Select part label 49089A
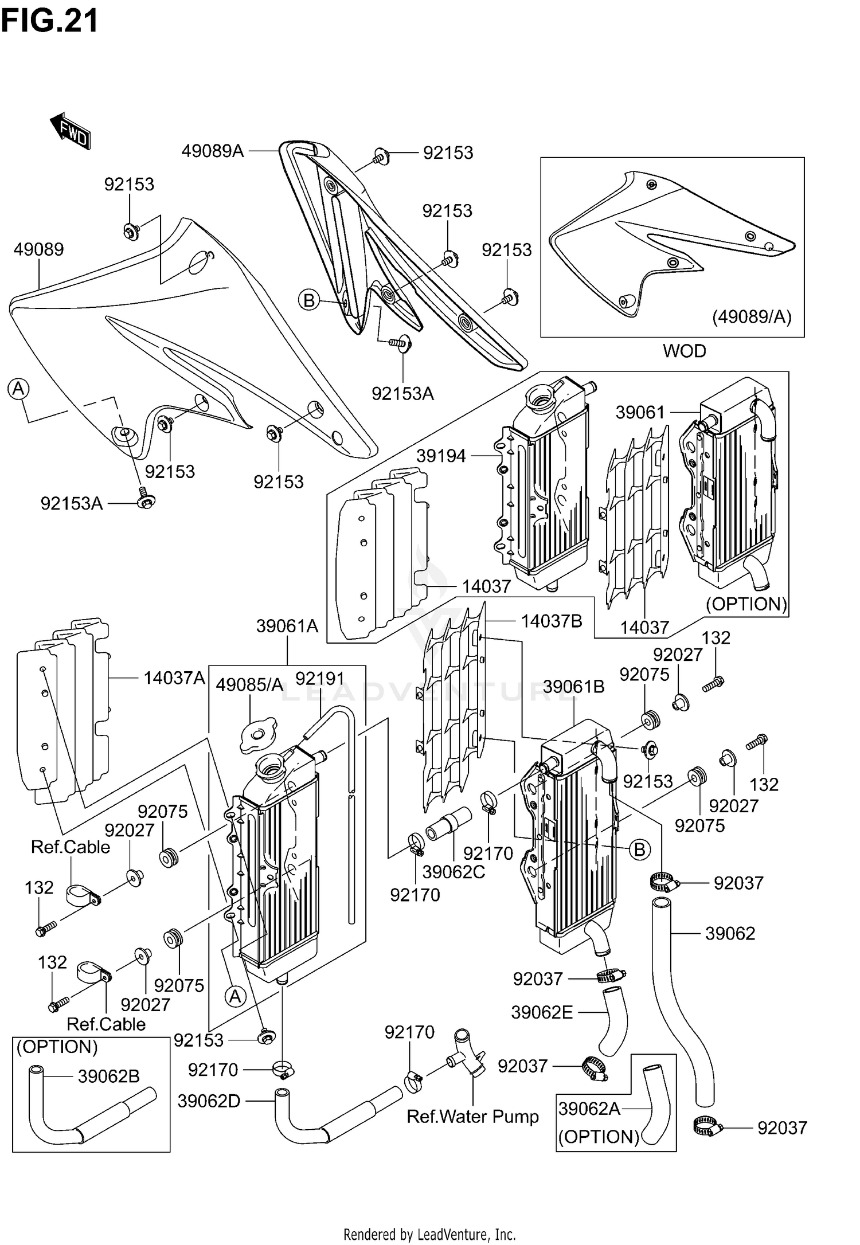(x=213, y=151)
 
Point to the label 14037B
(x=552, y=621)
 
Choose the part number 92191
(x=320, y=679)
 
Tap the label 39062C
(x=454, y=872)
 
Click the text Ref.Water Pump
(x=472, y=1117)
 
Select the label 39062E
(x=542, y=1013)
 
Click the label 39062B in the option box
(x=108, y=1076)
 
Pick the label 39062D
(x=209, y=1101)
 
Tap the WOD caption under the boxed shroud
(x=684, y=351)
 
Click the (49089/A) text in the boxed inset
(x=751, y=316)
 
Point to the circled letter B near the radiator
(x=639, y=849)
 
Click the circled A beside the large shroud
(x=18, y=389)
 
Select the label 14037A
(x=174, y=678)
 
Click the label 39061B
(x=573, y=687)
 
